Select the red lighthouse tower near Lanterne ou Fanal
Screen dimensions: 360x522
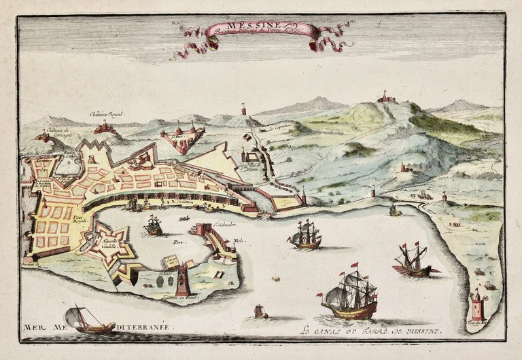click(183, 278)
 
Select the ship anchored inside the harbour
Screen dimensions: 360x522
click(154, 226)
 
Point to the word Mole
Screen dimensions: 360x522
click(238, 240)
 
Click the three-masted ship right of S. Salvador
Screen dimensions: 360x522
click(305, 235)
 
